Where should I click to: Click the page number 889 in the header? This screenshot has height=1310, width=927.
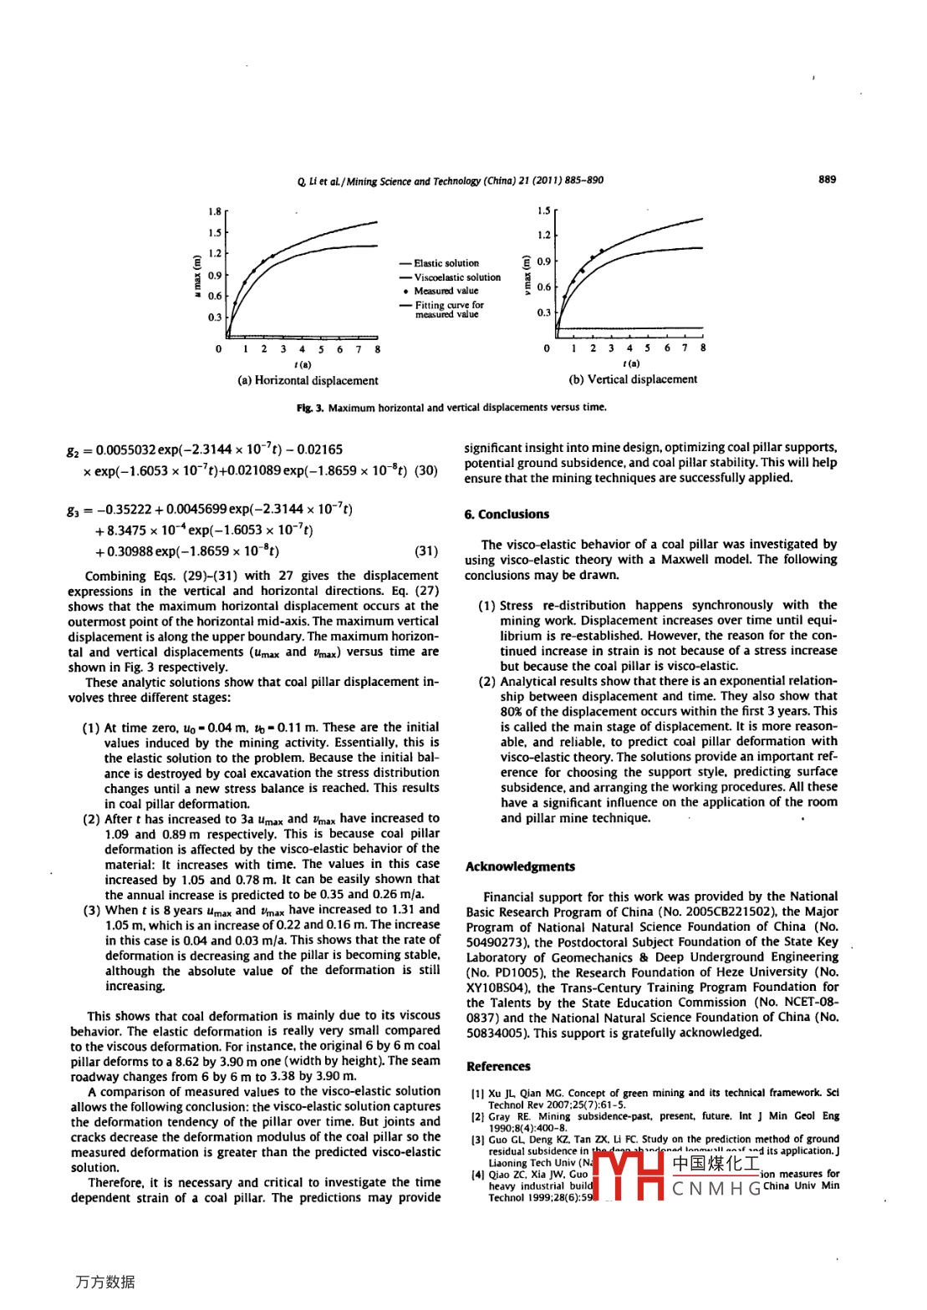[x=827, y=179]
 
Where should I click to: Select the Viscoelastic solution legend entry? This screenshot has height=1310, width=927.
[x=456, y=277]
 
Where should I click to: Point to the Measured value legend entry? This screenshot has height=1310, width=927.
[x=446, y=291]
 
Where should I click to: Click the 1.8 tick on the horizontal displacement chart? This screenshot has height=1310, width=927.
[x=215, y=211]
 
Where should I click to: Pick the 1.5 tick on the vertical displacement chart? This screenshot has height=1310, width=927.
[x=544, y=211]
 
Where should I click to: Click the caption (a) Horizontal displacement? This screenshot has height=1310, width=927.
[x=308, y=381]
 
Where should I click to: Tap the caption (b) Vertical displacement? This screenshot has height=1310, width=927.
[x=633, y=379]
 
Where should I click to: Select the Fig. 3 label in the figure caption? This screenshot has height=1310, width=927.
[x=309, y=408]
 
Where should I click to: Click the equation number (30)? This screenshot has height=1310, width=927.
[x=426, y=470]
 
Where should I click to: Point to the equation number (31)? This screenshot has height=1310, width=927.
[x=426, y=551]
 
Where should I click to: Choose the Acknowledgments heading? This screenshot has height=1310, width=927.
[x=520, y=866]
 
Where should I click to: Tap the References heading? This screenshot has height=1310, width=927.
[x=498, y=1066]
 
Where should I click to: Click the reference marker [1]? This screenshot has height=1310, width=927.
[x=477, y=1093]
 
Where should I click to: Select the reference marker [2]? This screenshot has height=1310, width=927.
[x=477, y=1116]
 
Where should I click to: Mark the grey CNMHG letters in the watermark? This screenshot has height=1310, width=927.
[x=716, y=1188]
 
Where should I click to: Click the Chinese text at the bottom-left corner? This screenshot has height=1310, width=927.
[x=105, y=1282]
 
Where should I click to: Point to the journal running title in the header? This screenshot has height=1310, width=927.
[x=450, y=180]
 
